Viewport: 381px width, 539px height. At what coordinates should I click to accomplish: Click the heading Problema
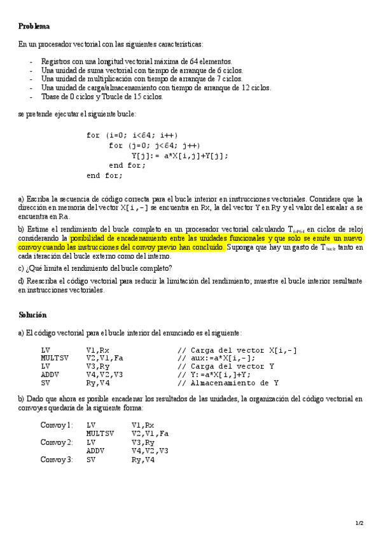tap(34, 26)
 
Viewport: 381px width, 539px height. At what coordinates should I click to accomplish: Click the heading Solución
tap(32, 315)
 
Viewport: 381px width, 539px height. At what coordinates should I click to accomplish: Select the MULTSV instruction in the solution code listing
tap(54, 358)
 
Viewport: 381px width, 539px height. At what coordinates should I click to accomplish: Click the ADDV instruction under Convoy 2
tap(95, 451)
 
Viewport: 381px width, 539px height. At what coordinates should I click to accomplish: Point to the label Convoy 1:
tap(57, 425)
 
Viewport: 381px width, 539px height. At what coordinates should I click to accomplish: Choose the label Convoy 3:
tap(57, 459)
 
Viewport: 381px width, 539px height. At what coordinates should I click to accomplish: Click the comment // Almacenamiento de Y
tap(237, 383)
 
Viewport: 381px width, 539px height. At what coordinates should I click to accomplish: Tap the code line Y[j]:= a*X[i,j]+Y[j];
tap(180, 156)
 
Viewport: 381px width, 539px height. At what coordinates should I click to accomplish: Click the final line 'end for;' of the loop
tap(105, 175)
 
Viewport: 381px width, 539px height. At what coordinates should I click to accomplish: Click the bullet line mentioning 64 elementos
tap(128, 61)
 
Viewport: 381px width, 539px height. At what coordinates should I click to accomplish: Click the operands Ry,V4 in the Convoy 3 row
tap(143, 459)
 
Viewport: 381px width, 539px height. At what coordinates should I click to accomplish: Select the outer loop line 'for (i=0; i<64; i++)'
tap(132, 135)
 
